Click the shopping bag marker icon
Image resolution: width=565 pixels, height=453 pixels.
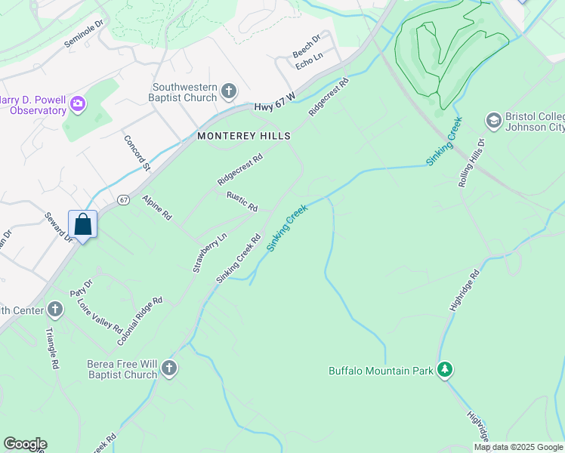[83, 224]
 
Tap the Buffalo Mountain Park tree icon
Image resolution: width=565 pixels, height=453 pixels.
[446, 369]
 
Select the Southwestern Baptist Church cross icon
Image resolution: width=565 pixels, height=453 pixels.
[230, 92]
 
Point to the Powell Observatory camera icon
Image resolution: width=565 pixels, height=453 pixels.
[77, 103]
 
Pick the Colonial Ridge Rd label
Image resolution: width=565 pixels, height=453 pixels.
[140, 322]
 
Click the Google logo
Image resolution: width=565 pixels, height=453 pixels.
[25, 444]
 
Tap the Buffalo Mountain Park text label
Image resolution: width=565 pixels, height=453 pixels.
[381, 370]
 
